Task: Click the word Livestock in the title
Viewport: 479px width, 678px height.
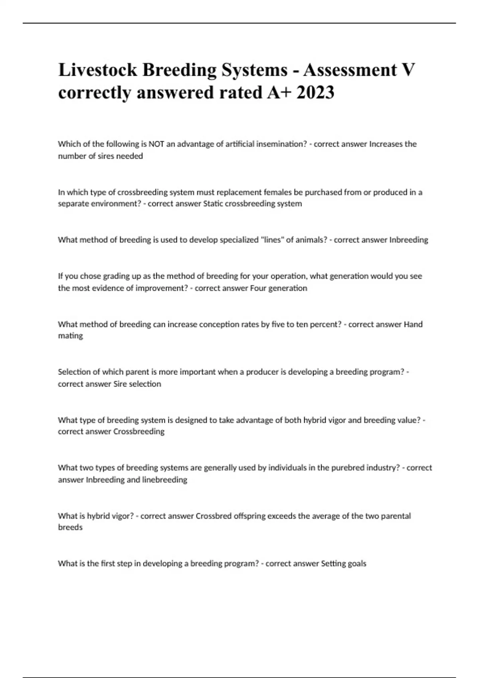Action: (98, 70)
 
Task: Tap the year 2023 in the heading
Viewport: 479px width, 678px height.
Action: (315, 93)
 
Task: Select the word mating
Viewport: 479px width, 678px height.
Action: (70, 336)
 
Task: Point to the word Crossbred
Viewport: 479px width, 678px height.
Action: (214, 516)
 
